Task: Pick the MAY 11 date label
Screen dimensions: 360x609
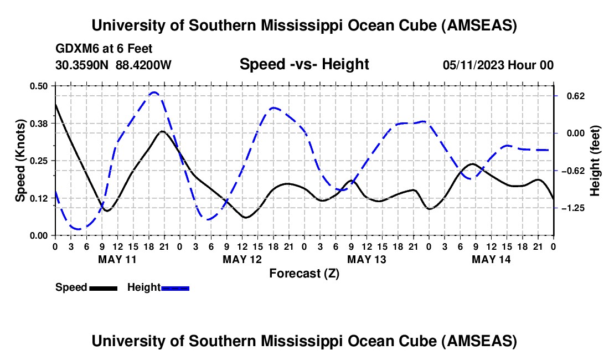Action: click(117, 259)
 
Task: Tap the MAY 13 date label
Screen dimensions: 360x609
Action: click(366, 259)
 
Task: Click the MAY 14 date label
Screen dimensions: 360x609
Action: click(491, 259)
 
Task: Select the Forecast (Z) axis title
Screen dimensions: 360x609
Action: click(304, 273)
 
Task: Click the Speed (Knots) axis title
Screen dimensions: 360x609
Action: click(20, 161)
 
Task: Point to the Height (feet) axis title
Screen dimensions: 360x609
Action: click(595, 161)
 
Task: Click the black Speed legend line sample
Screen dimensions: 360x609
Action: click(103, 288)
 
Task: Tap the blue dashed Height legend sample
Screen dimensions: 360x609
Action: click(175, 288)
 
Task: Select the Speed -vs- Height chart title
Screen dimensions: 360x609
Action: click(304, 64)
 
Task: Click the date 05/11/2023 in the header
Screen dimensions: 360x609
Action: click(471, 65)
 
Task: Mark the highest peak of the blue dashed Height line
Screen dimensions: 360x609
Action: click(154, 92)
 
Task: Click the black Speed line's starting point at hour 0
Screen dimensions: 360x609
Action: click(55, 104)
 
